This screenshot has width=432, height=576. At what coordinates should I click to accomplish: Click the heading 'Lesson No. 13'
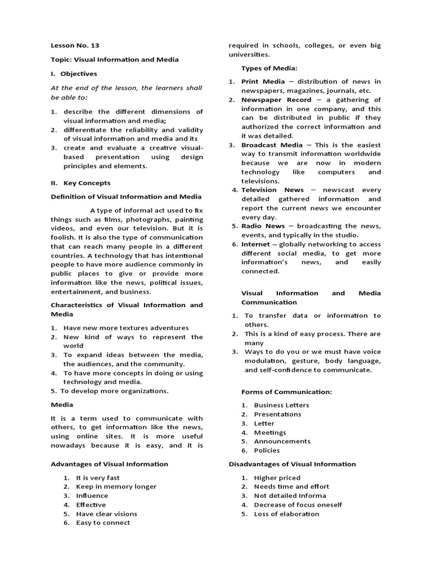pos(75,46)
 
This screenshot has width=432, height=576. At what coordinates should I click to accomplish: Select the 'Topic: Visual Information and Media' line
pos(115,60)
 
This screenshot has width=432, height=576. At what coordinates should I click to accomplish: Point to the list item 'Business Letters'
pos(281,405)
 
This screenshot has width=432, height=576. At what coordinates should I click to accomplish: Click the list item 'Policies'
pos(267,451)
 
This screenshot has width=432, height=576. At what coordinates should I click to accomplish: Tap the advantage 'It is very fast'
pos(98,478)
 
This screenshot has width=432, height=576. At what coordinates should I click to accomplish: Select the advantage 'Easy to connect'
pos(103,523)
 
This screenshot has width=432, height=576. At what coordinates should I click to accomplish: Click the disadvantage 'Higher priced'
pos(277,478)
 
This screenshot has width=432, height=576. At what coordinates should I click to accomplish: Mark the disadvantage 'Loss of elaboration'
pos(286,514)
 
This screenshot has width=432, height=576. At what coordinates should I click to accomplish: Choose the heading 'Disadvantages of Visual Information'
pos(292,464)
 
